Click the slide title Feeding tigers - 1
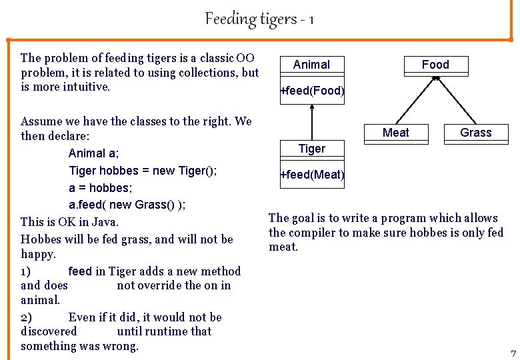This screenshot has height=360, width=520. [259, 19]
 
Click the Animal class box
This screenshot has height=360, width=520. [311, 65]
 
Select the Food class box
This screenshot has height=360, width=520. [435, 65]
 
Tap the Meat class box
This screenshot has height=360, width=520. [396, 133]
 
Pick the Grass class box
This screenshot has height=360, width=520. [476, 133]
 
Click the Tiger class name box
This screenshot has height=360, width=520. [312, 149]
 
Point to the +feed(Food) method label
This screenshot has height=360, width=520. [312, 90]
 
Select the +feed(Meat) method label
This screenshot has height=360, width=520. [312, 175]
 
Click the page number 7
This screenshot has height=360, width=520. [513, 353]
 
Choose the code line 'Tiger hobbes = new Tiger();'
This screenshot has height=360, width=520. [143, 171]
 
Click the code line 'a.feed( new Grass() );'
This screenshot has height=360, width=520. [127, 204]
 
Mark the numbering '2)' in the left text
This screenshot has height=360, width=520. [27, 317]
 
